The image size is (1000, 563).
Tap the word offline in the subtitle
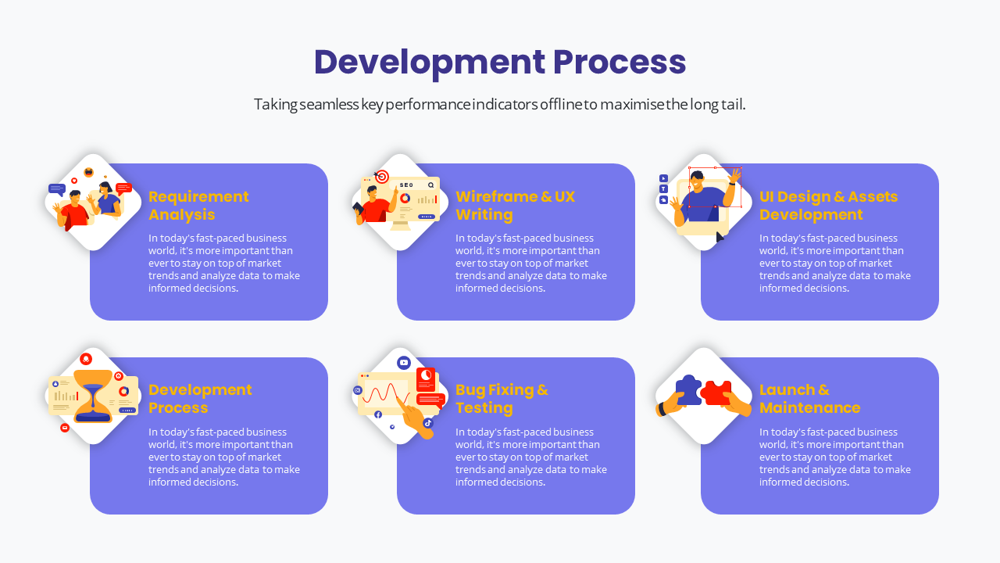coord(560,105)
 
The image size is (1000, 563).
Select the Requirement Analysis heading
coord(198,205)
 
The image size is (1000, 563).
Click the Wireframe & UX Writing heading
coord(515,205)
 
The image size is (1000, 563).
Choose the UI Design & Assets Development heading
coord(828,205)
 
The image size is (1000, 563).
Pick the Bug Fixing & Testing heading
coord(502,398)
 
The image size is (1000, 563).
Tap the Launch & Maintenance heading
coord(809,398)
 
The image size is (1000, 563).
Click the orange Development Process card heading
coord(200,398)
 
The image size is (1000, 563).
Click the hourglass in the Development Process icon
coord(93,396)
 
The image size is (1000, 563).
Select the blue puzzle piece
coord(688,389)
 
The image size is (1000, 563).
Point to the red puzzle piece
coord(716,391)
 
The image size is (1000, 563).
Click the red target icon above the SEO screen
coord(382,177)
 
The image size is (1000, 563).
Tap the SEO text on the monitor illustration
coord(405,185)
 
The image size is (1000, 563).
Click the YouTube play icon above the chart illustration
coord(404,362)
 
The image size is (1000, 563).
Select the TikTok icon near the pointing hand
coord(428,423)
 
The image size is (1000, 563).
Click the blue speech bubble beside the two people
coord(56,188)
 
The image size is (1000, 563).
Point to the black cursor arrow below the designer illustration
coord(720,236)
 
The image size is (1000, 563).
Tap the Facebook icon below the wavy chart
coord(378,414)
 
